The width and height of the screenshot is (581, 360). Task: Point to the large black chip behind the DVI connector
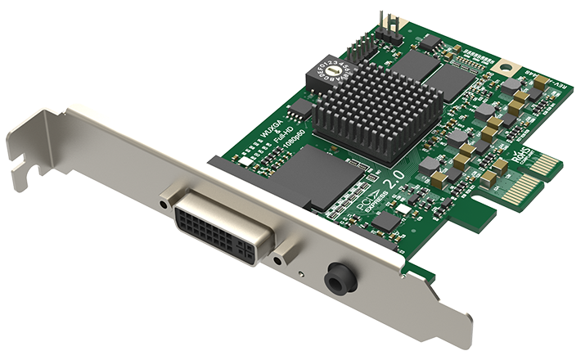click(x=308, y=176)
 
